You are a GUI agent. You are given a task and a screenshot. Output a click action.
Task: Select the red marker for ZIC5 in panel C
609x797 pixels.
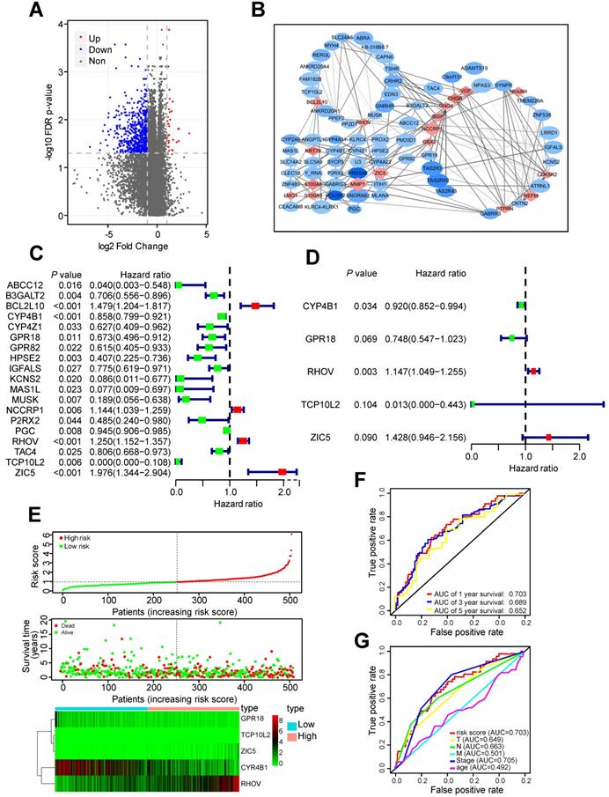pyautogui.click(x=282, y=471)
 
